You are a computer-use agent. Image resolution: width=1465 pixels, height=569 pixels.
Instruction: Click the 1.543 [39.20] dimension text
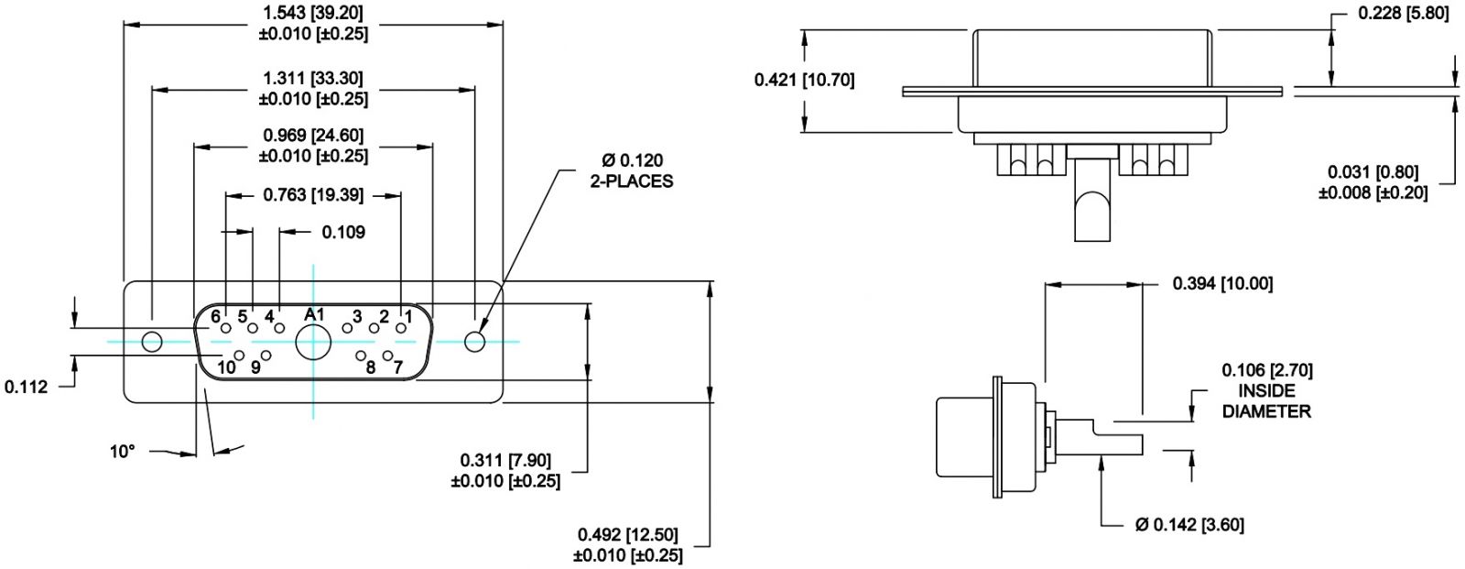click(x=313, y=13)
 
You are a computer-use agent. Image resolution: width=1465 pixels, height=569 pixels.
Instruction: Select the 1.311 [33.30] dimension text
click(x=313, y=79)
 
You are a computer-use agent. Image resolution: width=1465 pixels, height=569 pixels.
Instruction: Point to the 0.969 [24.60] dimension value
click(x=313, y=137)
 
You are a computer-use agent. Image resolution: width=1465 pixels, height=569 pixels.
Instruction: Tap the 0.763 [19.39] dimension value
click(x=313, y=194)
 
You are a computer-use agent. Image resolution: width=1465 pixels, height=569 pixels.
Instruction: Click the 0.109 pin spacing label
click(x=343, y=233)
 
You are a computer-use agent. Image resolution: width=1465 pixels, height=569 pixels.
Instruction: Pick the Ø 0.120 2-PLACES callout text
click(x=631, y=171)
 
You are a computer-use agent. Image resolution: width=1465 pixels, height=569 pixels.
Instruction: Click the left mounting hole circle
click(x=152, y=342)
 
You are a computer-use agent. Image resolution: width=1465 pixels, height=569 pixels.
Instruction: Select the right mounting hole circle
click(x=474, y=342)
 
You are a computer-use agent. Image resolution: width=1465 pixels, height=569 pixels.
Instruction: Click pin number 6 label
click(x=216, y=317)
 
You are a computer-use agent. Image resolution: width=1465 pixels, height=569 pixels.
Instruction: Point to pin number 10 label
click(x=226, y=367)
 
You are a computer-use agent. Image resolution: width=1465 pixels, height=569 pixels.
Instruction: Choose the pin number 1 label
click(x=407, y=317)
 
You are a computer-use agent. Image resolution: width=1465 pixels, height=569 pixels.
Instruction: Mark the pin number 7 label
click(x=398, y=367)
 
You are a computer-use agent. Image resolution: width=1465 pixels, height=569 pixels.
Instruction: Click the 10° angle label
click(x=122, y=452)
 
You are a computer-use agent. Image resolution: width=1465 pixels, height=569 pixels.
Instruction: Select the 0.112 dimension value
click(x=26, y=387)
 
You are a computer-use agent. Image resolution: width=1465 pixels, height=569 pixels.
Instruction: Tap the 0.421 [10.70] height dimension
click(x=804, y=81)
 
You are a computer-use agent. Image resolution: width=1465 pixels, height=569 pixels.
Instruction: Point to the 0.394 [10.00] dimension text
click(x=1222, y=283)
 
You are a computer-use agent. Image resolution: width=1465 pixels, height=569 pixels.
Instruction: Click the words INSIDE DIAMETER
click(x=1267, y=401)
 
